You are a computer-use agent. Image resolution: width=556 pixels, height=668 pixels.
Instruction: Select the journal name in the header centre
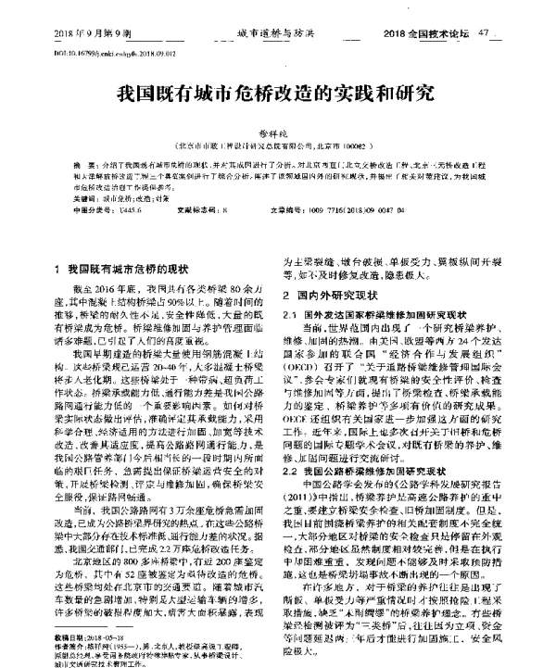278,32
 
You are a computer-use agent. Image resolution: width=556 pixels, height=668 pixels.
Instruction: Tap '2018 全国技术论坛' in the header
435,32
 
